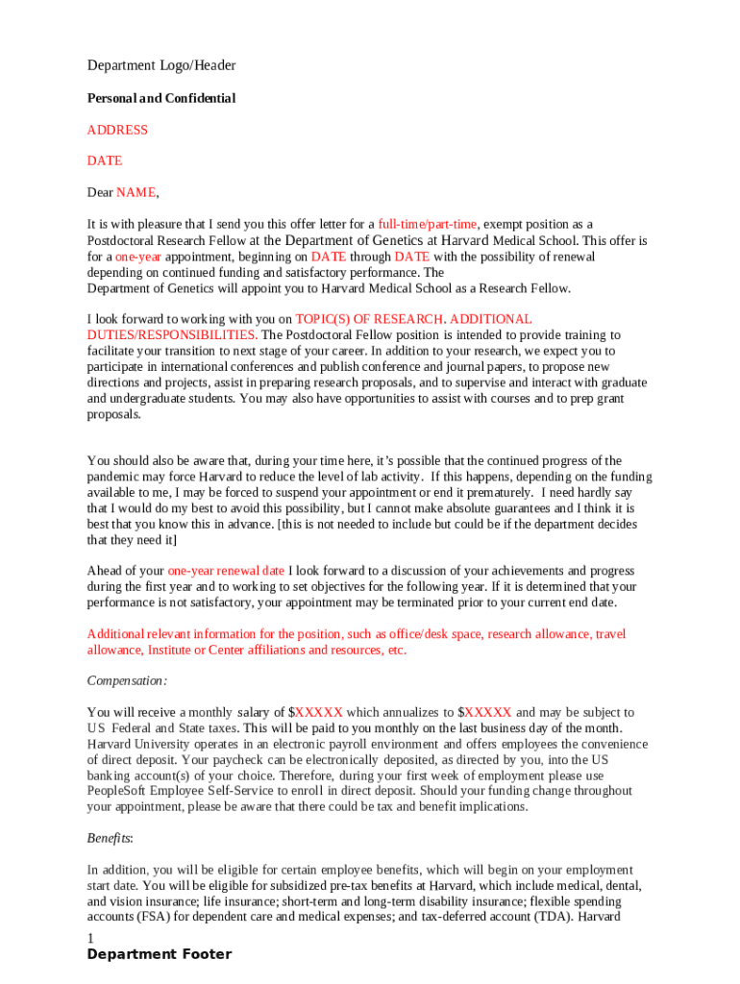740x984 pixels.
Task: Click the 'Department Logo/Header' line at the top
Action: click(x=161, y=65)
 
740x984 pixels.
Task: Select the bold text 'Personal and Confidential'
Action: click(x=161, y=98)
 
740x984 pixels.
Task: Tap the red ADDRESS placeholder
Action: click(x=117, y=130)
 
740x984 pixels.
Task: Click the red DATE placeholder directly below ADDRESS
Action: click(x=105, y=160)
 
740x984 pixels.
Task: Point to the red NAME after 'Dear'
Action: click(x=136, y=192)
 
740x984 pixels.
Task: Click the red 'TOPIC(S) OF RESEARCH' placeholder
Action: click(x=369, y=318)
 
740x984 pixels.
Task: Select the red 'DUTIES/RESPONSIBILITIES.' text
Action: click(x=172, y=334)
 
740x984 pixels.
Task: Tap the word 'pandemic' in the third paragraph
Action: click(x=114, y=477)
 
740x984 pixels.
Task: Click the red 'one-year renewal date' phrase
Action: click(x=226, y=570)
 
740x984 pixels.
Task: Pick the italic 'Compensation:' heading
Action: click(x=127, y=680)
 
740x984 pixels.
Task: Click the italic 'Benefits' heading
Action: click(x=110, y=838)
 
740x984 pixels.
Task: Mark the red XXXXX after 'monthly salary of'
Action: click(x=318, y=712)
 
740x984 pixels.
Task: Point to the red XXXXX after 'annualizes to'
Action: click(x=487, y=712)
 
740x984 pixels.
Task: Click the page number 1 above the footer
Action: click(x=90, y=938)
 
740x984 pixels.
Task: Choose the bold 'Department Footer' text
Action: click(x=159, y=954)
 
